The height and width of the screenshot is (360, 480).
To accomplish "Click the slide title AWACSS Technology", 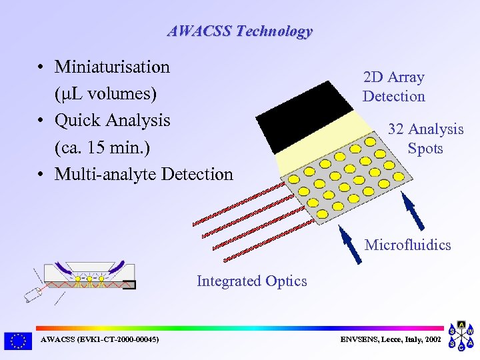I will pyautogui.click(x=239, y=31).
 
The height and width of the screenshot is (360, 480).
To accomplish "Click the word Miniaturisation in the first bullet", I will pyautogui.click(x=112, y=67).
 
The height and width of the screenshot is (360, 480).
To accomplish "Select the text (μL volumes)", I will pyautogui.click(x=106, y=94).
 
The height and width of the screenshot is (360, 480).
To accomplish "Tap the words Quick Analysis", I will pyautogui.click(x=112, y=121).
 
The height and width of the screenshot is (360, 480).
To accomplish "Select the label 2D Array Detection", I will pyautogui.click(x=393, y=87).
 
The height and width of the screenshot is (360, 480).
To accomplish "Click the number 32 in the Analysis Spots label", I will pyautogui.click(x=396, y=129).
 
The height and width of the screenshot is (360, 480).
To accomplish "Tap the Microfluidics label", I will pyautogui.click(x=407, y=245).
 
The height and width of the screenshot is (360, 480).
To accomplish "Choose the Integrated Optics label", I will pyautogui.click(x=251, y=281).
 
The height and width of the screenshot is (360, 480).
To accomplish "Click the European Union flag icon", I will pyautogui.click(x=17, y=341).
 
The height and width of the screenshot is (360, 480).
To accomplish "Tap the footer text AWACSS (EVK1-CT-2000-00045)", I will pyautogui.click(x=99, y=340).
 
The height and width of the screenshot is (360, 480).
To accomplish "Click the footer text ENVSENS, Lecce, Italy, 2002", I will pyautogui.click(x=390, y=340).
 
